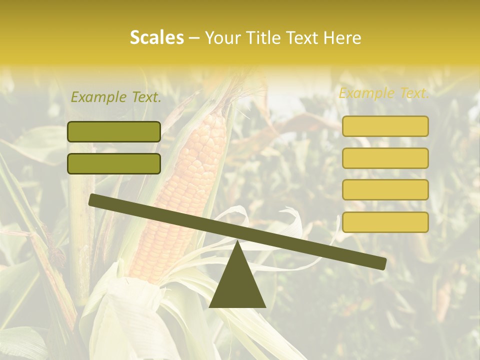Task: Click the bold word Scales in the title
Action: tap(156, 38)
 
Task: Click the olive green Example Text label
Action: tap(116, 97)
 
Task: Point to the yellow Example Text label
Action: tap(384, 93)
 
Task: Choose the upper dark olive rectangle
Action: tap(114, 131)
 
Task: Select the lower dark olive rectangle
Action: tap(114, 163)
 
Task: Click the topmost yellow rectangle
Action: tap(385, 126)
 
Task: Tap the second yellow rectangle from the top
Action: tap(385, 158)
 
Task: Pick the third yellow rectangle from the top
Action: tap(385, 189)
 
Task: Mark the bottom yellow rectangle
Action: tap(385, 222)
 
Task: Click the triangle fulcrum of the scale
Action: tap(237, 282)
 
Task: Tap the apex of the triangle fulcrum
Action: tap(237, 242)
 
